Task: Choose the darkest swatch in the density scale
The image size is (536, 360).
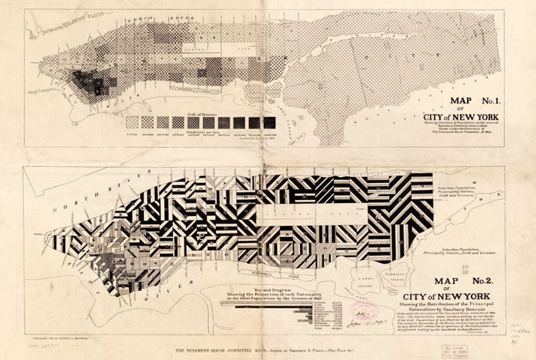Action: (270, 122)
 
